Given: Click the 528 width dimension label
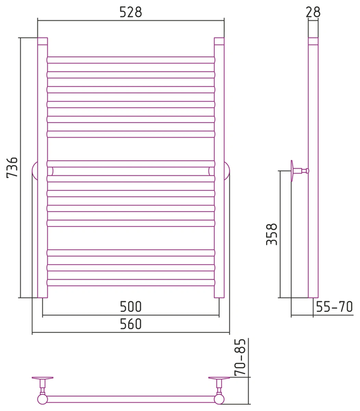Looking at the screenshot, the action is coord(130,12).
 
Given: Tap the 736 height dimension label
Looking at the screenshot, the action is coord(12,167).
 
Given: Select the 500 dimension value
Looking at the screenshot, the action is coord(130,306).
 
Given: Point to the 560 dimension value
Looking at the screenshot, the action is coord(130,324).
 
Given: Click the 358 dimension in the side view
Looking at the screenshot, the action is coord(271,234).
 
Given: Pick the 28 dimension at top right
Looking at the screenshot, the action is coord(313,12).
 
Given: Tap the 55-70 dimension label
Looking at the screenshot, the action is coord(334,306).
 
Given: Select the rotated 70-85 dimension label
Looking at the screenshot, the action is coord(240,357).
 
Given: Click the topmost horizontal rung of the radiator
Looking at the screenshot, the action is coord(131,60).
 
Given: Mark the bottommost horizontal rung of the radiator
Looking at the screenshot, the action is coord(131,282).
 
